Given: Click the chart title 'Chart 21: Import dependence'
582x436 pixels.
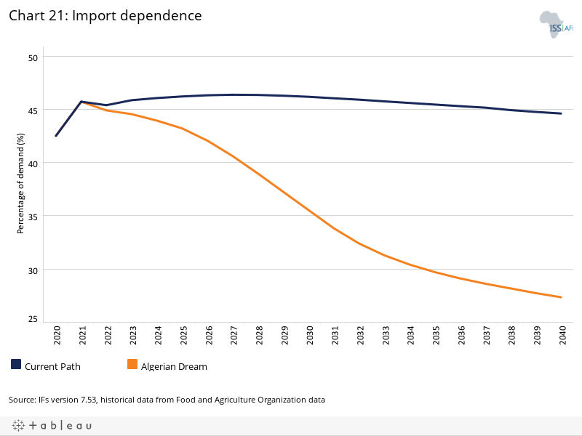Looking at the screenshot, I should pyautogui.click(x=105, y=15).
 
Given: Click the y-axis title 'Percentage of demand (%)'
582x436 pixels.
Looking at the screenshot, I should pyautogui.click(x=20, y=184).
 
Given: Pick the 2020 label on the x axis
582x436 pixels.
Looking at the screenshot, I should pyautogui.click(x=56, y=336).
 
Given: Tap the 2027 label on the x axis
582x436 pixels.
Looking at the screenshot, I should pyautogui.click(x=233, y=336).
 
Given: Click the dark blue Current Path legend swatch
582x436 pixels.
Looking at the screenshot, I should pyautogui.click(x=16, y=365).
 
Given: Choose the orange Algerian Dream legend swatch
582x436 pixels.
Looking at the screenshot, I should pyautogui.click(x=132, y=365).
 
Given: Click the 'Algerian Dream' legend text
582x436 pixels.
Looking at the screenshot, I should pyautogui.click(x=174, y=366).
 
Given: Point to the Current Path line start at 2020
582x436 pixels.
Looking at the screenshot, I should pyautogui.click(x=56, y=136).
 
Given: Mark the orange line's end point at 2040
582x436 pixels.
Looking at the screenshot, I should pyautogui.click(x=561, y=297).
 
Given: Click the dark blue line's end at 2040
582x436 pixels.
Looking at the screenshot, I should pyautogui.click(x=561, y=113).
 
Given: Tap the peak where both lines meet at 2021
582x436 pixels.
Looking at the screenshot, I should pyautogui.click(x=81, y=102).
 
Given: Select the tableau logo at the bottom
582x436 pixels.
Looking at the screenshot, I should pyautogui.click(x=52, y=425).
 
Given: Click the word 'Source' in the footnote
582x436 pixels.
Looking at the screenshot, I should pyautogui.click(x=21, y=400).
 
